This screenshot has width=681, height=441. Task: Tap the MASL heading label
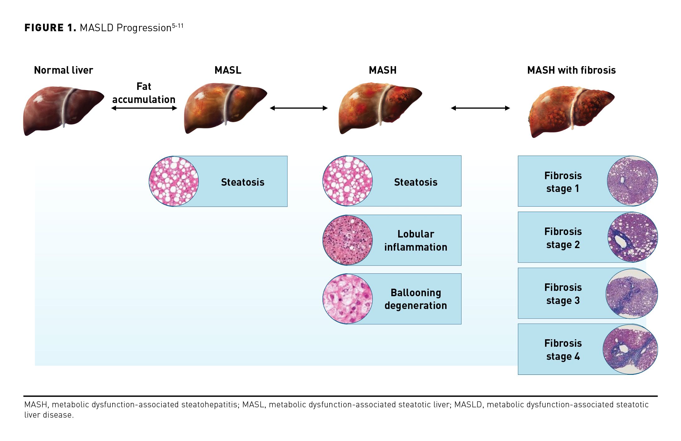tap(228, 70)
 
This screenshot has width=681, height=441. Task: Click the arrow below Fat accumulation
tap(144, 108)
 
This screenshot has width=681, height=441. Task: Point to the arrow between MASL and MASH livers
tap(299, 108)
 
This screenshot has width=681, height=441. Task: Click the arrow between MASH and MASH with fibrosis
tap(480, 108)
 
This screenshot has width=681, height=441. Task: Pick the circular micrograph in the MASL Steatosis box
tap(174, 181)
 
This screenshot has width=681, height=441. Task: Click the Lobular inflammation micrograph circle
tap(347, 240)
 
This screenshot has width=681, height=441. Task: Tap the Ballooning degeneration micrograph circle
tap(347, 299)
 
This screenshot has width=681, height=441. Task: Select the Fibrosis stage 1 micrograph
tap(632, 181)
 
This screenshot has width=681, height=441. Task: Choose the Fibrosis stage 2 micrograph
tap(633, 237)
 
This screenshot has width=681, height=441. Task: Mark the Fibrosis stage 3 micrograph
tap(632, 293)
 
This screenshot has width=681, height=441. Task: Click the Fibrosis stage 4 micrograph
tap(630, 349)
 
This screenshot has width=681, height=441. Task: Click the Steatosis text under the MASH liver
tap(416, 182)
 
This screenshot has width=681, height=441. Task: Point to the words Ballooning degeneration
tap(416, 299)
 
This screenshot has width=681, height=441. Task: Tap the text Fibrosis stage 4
tap(563, 350)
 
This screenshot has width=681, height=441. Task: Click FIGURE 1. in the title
tap(50, 28)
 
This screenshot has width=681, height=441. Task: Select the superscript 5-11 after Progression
tap(178, 26)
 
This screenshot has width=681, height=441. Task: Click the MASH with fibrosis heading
tap(571, 70)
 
